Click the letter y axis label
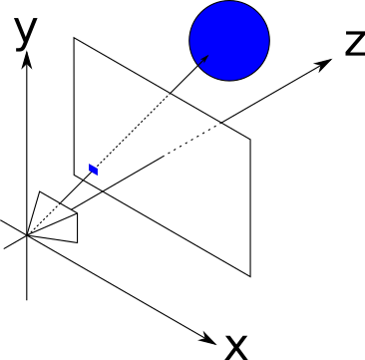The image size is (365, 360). click(26, 33)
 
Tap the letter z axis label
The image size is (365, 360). click(355, 43)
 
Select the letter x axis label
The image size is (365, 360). click(236, 348)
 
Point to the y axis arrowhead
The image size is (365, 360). click(27, 60)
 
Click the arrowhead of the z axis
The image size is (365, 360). click(324, 65)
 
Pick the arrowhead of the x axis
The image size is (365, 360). click(208, 339)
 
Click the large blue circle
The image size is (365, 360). click(229, 40)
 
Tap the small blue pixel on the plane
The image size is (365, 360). click(94, 170)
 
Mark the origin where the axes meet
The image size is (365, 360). click(27, 235)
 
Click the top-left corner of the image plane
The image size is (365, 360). click(74, 38)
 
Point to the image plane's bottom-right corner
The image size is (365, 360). click(250, 276)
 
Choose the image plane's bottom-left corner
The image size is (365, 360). click(74, 175)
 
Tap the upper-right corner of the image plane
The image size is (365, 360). click(250, 139)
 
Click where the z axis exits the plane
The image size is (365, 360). click(221, 123)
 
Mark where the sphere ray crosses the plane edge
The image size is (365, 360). click(171, 93)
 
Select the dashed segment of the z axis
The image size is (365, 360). click(192, 139)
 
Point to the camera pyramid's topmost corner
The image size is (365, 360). click(40, 191)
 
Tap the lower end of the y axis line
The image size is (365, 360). click(27, 299)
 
